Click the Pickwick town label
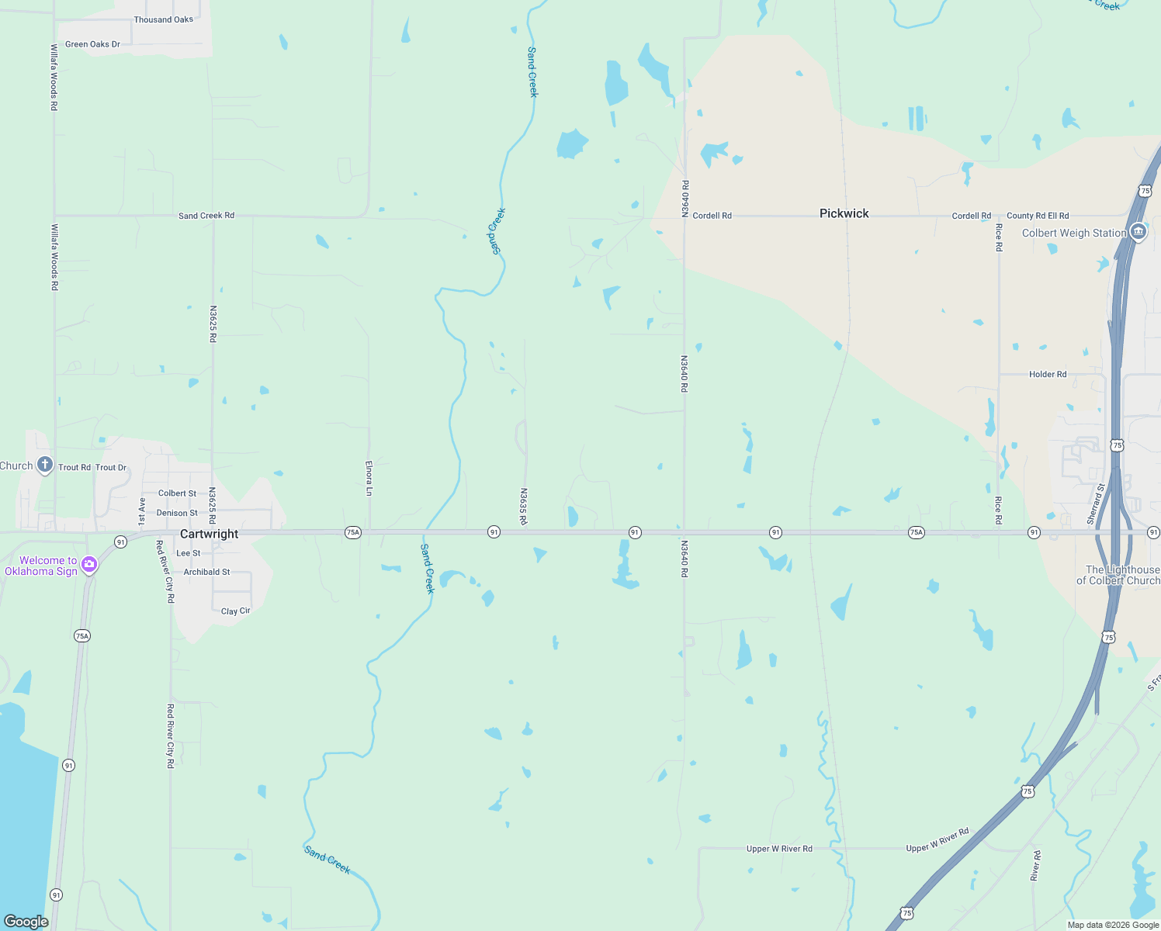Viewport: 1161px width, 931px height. point(844,213)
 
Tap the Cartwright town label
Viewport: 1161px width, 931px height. point(210,534)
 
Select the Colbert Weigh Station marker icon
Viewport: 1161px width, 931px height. point(1138,232)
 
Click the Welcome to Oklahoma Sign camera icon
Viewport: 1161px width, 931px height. point(89,565)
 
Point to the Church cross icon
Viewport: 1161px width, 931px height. point(45,465)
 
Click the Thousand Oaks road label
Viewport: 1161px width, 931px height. point(163,19)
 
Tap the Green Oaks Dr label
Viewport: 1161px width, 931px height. point(92,44)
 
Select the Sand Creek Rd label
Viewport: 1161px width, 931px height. point(206,216)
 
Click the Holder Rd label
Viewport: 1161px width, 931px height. point(1048,374)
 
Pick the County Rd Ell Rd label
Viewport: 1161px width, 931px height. point(1038,216)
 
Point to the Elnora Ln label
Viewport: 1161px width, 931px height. point(369,478)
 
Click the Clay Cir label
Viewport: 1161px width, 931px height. point(236,611)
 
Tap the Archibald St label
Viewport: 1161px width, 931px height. point(206,572)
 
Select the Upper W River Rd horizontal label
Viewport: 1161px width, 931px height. point(779,849)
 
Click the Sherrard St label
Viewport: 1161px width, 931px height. point(1096,504)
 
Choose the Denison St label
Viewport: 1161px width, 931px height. point(177,513)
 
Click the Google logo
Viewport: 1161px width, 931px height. point(26,922)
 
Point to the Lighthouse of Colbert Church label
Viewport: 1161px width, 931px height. point(1118,575)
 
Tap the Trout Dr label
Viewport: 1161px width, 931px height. point(111,468)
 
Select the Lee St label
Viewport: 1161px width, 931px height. point(189,553)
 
